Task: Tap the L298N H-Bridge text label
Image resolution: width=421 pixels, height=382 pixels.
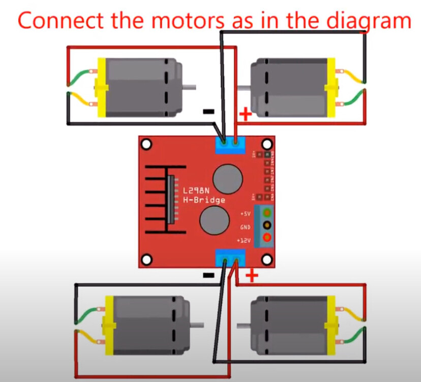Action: (x=203, y=196)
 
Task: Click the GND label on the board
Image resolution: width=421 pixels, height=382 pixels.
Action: (x=245, y=227)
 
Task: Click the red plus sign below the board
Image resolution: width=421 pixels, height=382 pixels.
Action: (x=252, y=276)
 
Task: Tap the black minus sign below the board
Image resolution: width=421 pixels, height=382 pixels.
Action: (x=208, y=275)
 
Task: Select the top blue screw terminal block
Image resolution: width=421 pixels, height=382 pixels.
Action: (x=230, y=145)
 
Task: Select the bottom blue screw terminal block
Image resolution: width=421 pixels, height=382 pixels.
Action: (x=230, y=258)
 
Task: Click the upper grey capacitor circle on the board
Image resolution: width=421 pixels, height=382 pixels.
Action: (x=227, y=179)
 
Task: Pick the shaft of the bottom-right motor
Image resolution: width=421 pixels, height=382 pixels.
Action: (x=244, y=324)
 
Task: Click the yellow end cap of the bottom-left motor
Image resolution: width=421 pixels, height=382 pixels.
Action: (x=108, y=324)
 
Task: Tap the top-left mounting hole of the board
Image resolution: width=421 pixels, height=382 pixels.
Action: (x=147, y=145)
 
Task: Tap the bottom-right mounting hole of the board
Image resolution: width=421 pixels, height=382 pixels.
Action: (x=265, y=260)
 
